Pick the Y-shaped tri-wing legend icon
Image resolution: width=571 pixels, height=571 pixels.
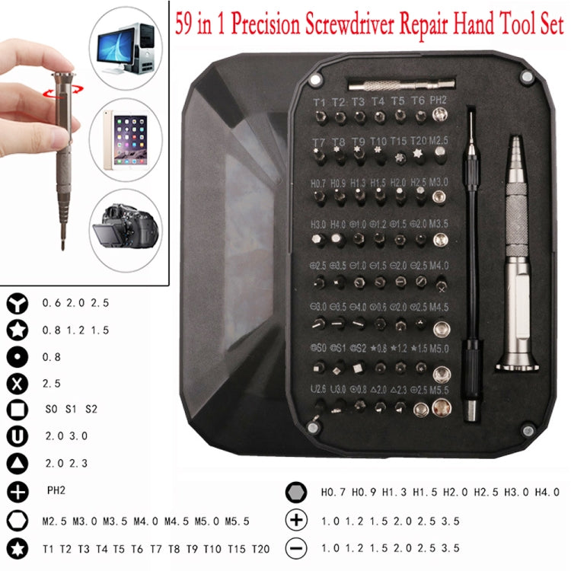(18, 302)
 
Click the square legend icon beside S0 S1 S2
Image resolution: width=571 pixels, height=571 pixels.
(18, 409)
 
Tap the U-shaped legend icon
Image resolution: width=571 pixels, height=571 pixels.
(18, 435)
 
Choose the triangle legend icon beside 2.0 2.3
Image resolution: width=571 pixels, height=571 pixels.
(18, 463)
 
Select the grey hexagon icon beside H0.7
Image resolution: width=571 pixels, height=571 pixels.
(295, 493)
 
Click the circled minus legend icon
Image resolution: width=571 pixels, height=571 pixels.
(295, 547)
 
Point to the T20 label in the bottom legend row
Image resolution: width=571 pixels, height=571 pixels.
(260, 547)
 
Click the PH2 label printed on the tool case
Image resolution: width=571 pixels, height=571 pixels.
(439, 100)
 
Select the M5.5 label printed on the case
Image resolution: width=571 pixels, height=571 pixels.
(440, 390)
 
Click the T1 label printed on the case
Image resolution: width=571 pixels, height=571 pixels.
(319, 101)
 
